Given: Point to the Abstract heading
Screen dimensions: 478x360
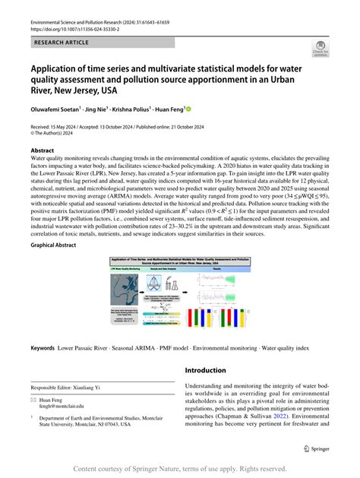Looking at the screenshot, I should click(42, 150).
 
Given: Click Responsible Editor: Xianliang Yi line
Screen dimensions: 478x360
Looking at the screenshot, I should click(77, 387).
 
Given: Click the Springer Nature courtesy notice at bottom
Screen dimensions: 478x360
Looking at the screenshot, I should click(180, 470).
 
